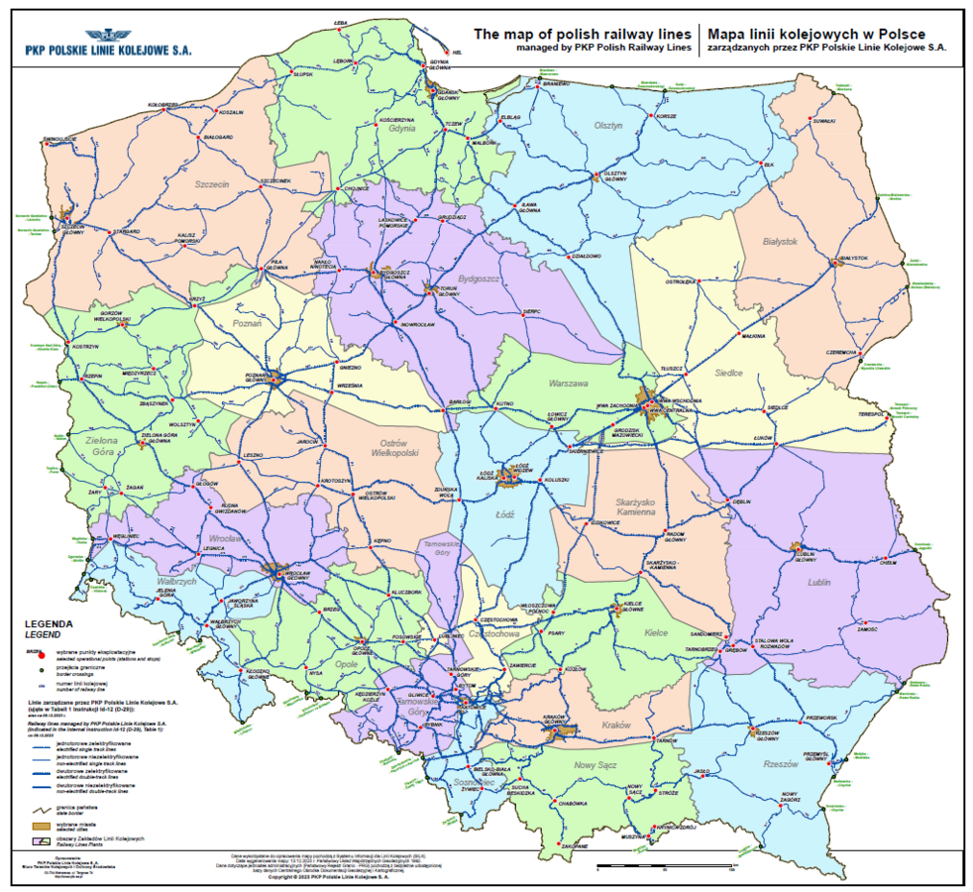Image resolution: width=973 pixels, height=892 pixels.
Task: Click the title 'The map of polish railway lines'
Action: pyautogui.click(x=582, y=32)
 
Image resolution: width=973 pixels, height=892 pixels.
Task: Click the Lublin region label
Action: pyautogui.click(x=818, y=582)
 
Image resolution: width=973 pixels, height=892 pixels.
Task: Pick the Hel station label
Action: pyautogui.click(x=457, y=52)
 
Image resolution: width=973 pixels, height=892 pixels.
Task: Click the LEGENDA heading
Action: pyautogui.click(x=46, y=624)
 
